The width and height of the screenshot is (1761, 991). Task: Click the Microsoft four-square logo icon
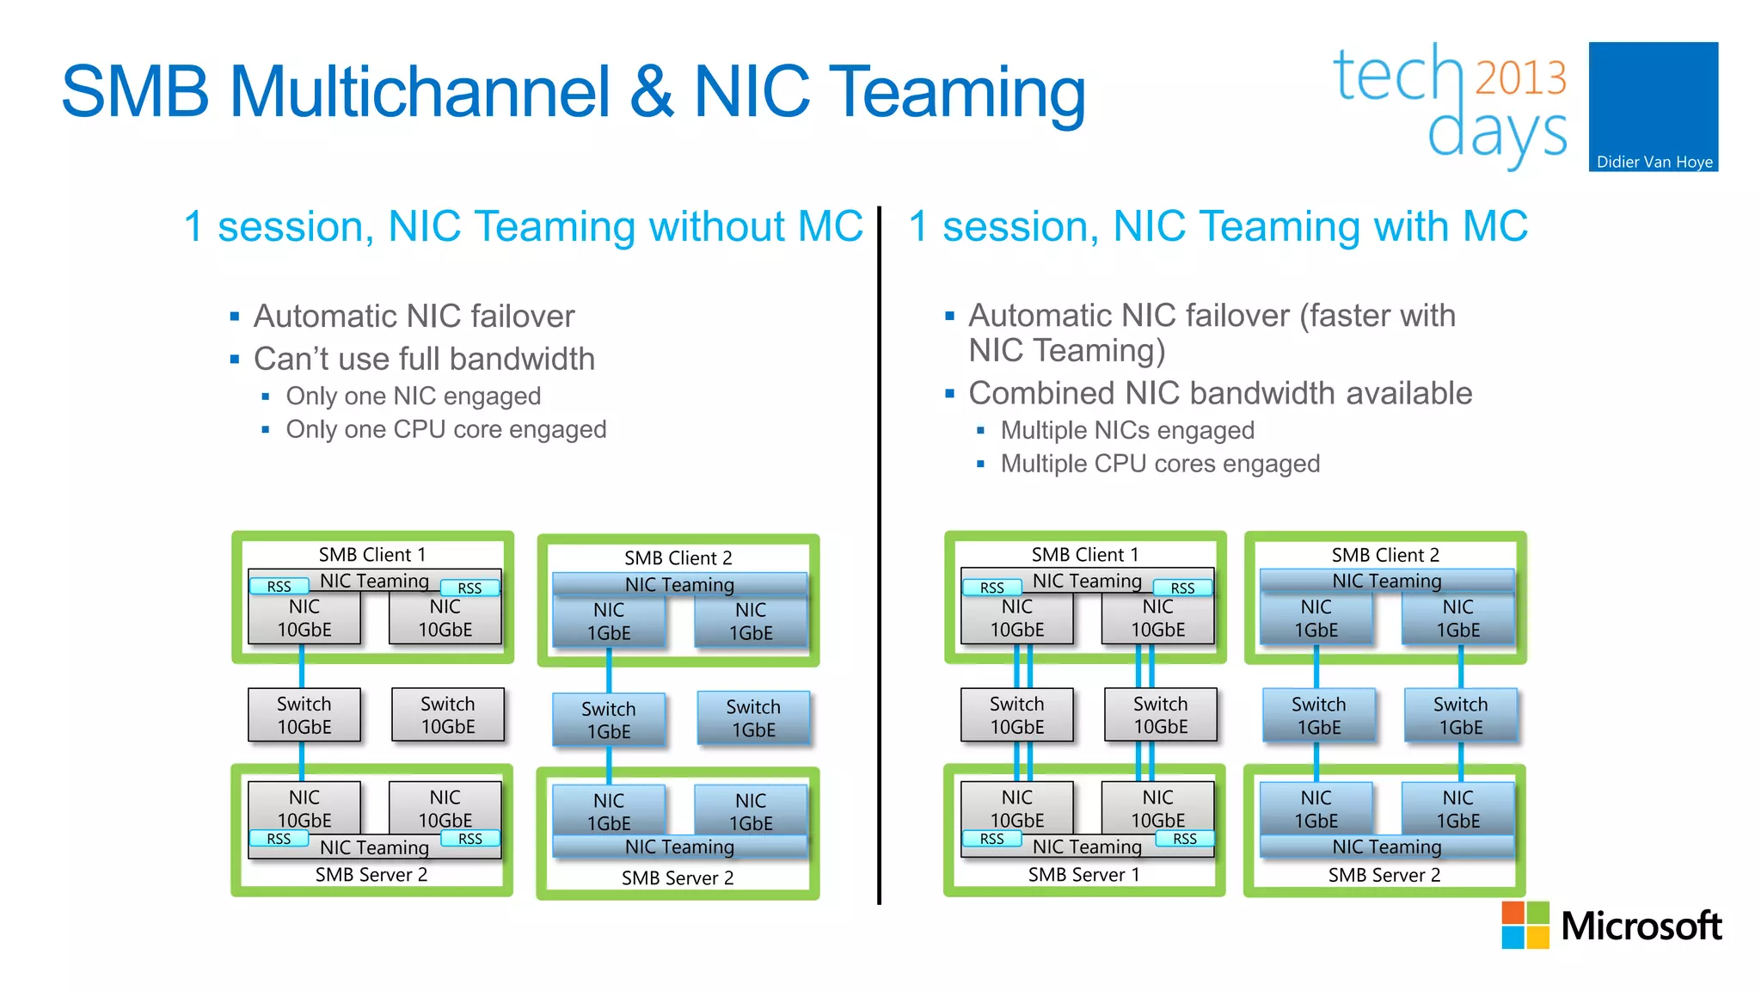tap(1525, 925)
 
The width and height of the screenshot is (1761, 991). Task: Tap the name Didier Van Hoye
tap(1654, 162)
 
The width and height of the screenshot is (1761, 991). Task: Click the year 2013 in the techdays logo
tap(1521, 77)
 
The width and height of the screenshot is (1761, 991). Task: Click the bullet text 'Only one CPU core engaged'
tap(445, 429)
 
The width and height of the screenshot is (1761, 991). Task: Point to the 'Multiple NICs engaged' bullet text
tap(1126, 430)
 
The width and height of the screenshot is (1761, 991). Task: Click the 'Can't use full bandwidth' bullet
tap(424, 360)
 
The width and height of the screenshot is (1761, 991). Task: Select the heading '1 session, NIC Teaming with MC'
tap(1218, 227)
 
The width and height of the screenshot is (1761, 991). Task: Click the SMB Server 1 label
tap(1083, 875)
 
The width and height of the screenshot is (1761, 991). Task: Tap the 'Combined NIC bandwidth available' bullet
tap(1219, 394)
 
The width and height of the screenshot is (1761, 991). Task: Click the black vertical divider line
tap(879, 559)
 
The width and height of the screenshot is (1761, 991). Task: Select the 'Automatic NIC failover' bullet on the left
tap(414, 317)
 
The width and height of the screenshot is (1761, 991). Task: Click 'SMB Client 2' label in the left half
tap(678, 558)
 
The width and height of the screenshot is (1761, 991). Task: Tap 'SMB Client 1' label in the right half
tap(1084, 555)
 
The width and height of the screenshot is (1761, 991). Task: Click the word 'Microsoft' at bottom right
tap(1641, 926)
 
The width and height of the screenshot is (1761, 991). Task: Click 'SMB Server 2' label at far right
tap(1384, 876)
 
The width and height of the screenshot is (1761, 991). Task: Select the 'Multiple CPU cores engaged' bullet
tap(1159, 465)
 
